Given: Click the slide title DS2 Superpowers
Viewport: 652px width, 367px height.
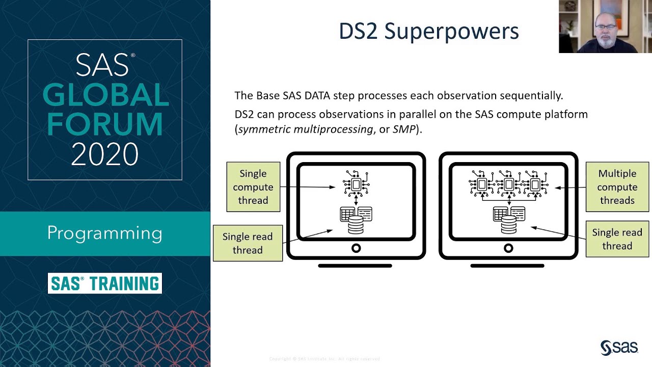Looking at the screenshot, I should coord(429,32).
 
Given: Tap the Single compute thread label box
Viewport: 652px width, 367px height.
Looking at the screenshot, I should coord(253,187).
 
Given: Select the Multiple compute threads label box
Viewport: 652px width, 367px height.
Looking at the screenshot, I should coord(617,187).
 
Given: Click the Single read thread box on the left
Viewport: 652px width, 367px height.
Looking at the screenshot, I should coord(248,243).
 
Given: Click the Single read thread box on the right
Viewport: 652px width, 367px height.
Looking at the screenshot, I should coord(617,239).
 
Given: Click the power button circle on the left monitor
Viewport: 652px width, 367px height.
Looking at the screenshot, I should coord(356,248).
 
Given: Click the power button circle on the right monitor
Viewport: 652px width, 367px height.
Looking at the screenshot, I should coord(508,248).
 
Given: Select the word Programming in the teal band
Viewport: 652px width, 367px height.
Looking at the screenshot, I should coord(105,233).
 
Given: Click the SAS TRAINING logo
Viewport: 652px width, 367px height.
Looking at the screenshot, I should coord(105,283).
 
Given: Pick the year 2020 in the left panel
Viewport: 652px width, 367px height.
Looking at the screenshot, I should coord(105,154).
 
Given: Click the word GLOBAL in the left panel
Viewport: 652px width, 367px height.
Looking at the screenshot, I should coord(105,95).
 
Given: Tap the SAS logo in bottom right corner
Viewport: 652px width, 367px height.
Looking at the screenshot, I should coord(619,348).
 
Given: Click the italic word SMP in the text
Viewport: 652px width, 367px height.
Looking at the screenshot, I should coord(404,129).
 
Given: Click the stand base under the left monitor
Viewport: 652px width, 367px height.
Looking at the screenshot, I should coord(355,266).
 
